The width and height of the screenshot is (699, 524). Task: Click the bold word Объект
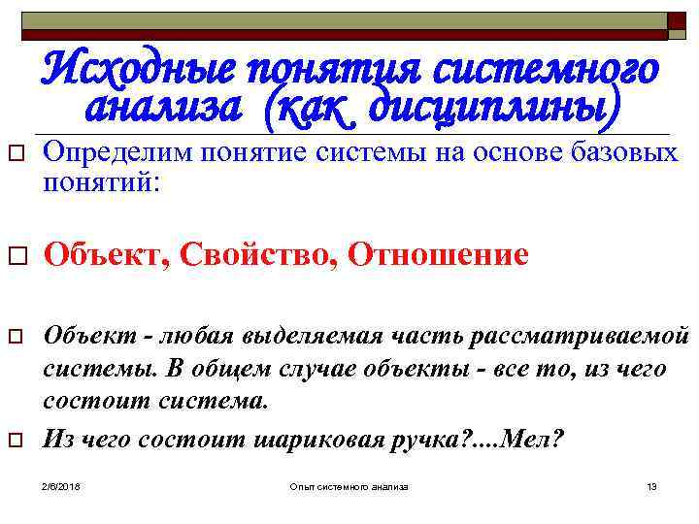tap(95, 255)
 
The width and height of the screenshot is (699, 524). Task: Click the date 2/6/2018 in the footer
tap(62, 485)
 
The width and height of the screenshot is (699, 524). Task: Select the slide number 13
tap(651, 485)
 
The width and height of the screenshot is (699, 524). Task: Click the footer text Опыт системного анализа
tap(349, 485)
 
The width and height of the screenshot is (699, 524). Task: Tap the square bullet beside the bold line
tap(17, 257)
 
